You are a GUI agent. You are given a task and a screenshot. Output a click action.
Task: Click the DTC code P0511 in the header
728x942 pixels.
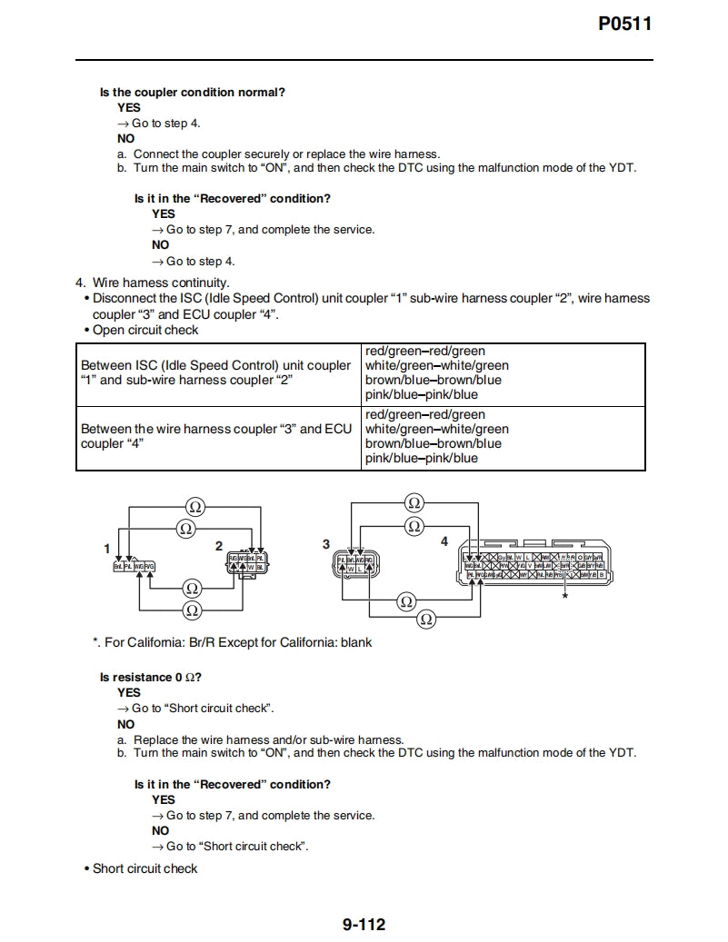tap(624, 25)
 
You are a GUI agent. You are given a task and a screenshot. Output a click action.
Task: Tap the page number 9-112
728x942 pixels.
tap(364, 925)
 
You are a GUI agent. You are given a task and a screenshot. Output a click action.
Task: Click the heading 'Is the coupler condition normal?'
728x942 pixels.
tap(192, 93)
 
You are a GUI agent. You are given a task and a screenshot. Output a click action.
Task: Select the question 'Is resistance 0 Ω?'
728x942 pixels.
tap(150, 677)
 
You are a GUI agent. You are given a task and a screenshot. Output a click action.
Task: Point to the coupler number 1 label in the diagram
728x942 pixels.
tap(107, 548)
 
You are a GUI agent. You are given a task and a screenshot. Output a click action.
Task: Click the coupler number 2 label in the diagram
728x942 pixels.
tap(218, 545)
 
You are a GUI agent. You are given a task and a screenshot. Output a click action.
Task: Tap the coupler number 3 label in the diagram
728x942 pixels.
tap(326, 543)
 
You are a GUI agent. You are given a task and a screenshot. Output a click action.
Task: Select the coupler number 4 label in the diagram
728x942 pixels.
tap(444, 541)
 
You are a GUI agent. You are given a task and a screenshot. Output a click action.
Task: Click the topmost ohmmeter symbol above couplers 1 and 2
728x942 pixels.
tap(194, 506)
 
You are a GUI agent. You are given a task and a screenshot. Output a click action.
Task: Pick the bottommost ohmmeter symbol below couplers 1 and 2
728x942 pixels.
tap(192, 610)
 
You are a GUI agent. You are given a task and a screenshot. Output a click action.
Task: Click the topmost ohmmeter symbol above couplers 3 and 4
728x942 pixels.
tap(414, 502)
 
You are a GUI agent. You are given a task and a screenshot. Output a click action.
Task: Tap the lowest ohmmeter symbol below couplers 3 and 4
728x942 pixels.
tap(425, 619)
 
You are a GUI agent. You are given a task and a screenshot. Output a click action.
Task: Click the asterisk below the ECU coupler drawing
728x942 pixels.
tap(564, 597)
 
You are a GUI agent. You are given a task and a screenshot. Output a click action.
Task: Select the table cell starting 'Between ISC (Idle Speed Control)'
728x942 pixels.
tap(215, 372)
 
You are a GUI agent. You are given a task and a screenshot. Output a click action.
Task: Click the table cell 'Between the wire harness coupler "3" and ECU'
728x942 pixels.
tap(215, 436)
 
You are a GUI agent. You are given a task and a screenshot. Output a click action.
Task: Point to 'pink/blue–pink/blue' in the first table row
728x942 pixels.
tap(421, 394)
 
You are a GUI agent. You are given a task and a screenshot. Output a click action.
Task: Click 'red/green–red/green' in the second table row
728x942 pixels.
tap(424, 414)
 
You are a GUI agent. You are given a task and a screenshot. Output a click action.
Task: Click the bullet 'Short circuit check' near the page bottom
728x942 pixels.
tap(145, 868)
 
